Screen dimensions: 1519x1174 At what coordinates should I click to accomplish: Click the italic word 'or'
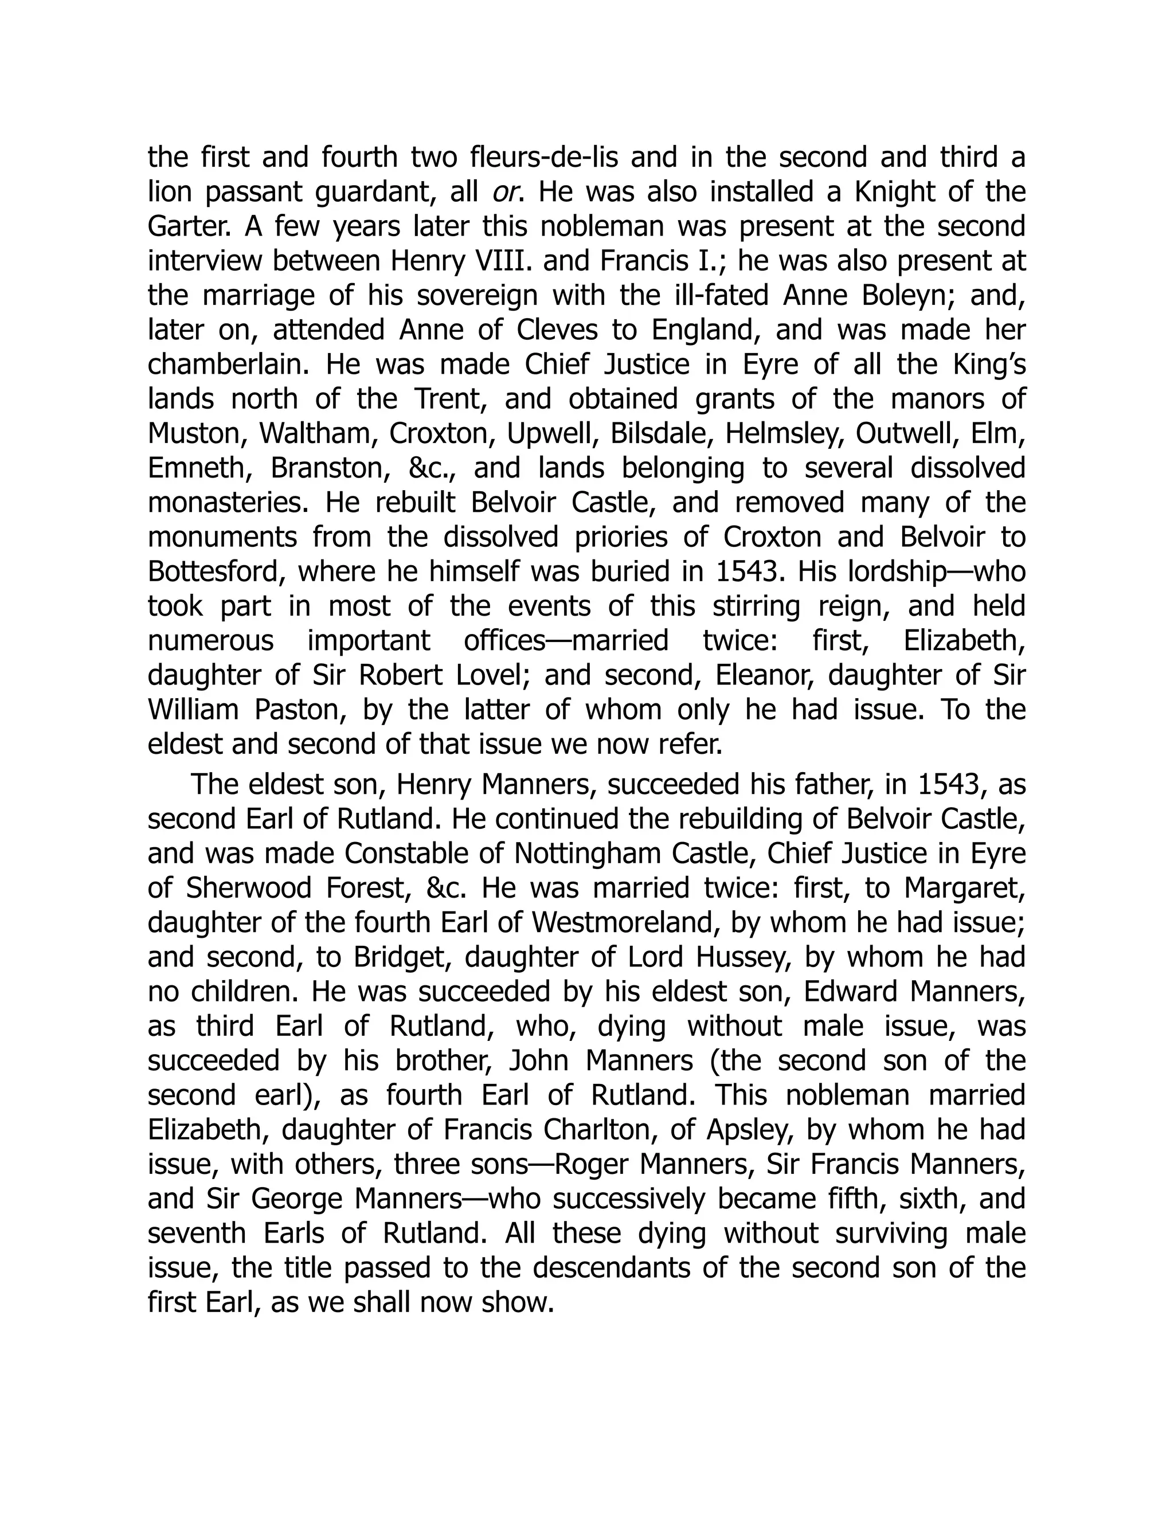pos(507,193)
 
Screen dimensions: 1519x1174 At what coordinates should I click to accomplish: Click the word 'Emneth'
pos(199,468)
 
